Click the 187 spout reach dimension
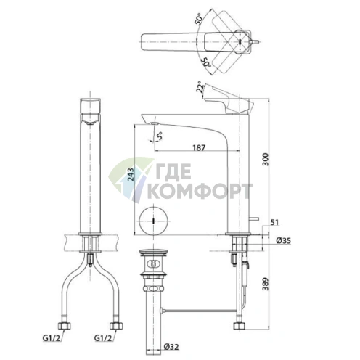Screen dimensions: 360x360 tap(199, 147)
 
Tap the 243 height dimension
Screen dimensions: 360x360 tap(131, 175)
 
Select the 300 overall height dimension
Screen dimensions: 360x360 tap(266, 159)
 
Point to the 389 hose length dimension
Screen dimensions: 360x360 tap(266, 284)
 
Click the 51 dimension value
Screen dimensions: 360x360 tap(274, 222)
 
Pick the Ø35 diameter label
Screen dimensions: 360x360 tap(283, 240)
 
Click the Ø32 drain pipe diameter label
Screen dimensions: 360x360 tap(171, 347)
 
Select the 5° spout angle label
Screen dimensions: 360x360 tap(159, 136)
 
